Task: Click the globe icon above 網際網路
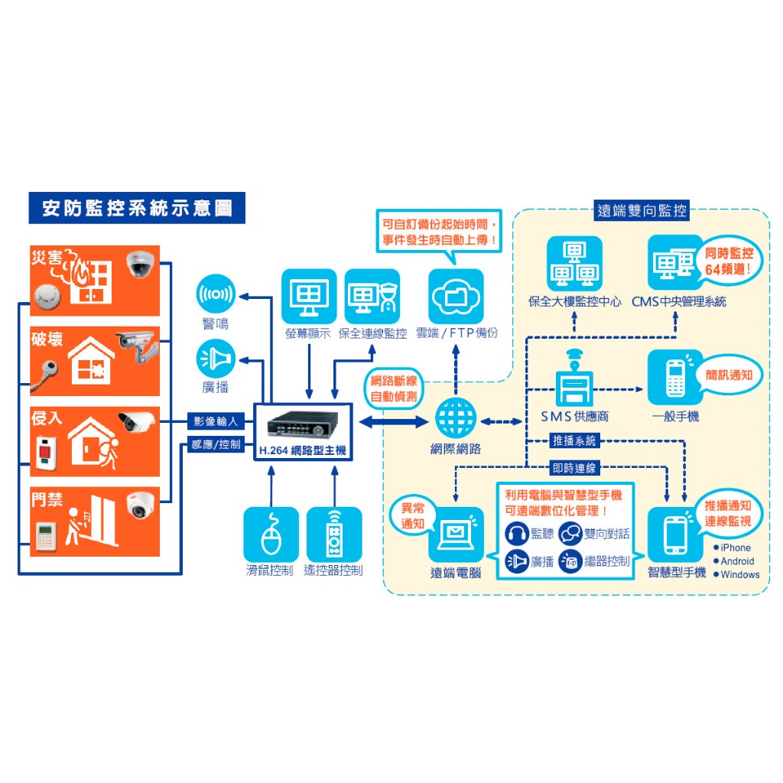click(x=456, y=418)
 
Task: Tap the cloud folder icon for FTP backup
click(x=456, y=296)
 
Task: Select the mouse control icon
click(x=271, y=534)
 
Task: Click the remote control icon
click(x=334, y=534)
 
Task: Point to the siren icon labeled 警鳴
click(x=216, y=294)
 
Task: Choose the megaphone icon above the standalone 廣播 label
click(x=216, y=358)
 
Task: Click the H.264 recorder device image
click(x=303, y=424)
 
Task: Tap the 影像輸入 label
click(x=216, y=421)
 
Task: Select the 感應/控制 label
click(x=216, y=444)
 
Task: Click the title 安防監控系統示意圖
click(x=137, y=208)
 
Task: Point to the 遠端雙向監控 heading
click(x=642, y=210)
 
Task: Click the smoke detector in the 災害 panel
click(x=47, y=297)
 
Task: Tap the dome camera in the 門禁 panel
click(x=140, y=505)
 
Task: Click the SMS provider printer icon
click(x=575, y=378)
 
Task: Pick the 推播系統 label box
click(x=574, y=440)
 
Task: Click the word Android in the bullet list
click(x=737, y=561)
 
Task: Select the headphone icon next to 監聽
click(x=517, y=533)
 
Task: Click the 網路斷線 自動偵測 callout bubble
click(x=394, y=389)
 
